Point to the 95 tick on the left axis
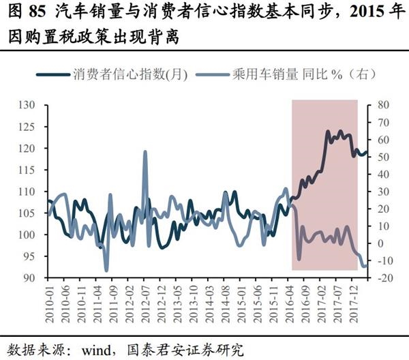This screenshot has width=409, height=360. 29,257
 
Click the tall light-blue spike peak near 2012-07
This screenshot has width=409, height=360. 145,151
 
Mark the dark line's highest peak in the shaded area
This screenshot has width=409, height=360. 339,131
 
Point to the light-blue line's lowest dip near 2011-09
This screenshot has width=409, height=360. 106,270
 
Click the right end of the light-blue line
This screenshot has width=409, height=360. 366,265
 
